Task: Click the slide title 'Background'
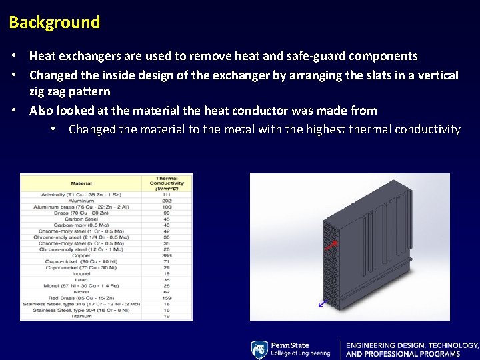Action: click(x=55, y=23)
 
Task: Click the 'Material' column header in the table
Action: click(x=81, y=182)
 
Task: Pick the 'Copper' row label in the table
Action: click(x=81, y=255)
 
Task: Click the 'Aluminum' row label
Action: click(x=81, y=200)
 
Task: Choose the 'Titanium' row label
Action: click(x=81, y=316)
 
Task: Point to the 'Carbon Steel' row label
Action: click(x=81, y=219)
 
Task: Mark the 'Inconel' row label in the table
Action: click(x=81, y=273)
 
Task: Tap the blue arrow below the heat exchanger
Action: click(x=323, y=303)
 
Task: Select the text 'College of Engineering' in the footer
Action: click(x=300, y=354)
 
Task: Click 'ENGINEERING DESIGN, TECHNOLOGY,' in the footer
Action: click(x=412, y=345)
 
